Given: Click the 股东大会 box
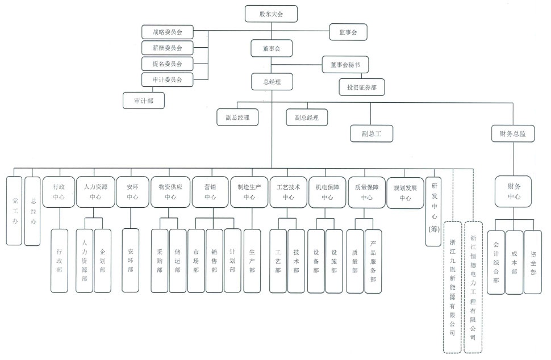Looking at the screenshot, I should (271, 14).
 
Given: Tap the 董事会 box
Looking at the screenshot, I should (271, 49).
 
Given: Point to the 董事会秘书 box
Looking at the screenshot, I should (345, 65).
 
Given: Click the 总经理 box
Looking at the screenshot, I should (271, 82).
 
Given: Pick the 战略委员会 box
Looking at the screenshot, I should (167, 32).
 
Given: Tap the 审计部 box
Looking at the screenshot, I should (144, 101).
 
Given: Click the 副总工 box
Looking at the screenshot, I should (371, 134).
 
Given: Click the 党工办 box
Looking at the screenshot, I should (15, 210).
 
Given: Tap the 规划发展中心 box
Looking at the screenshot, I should (405, 192).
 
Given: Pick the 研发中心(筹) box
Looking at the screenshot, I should (435, 207).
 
